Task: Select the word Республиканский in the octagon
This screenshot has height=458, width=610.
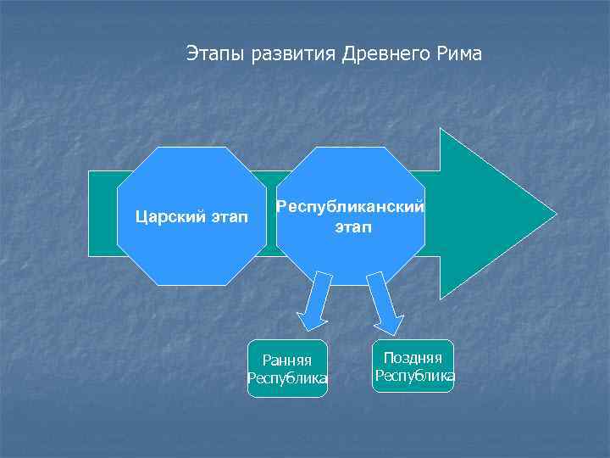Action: (351, 207)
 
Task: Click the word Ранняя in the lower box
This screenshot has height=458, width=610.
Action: (286, 361)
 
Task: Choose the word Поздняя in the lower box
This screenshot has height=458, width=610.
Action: (413, 358)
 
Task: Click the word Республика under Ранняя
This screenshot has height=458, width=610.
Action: (286, 378)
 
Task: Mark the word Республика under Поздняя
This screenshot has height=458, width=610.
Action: (414, 376)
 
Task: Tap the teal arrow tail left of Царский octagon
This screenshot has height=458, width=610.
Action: (103, 212)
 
